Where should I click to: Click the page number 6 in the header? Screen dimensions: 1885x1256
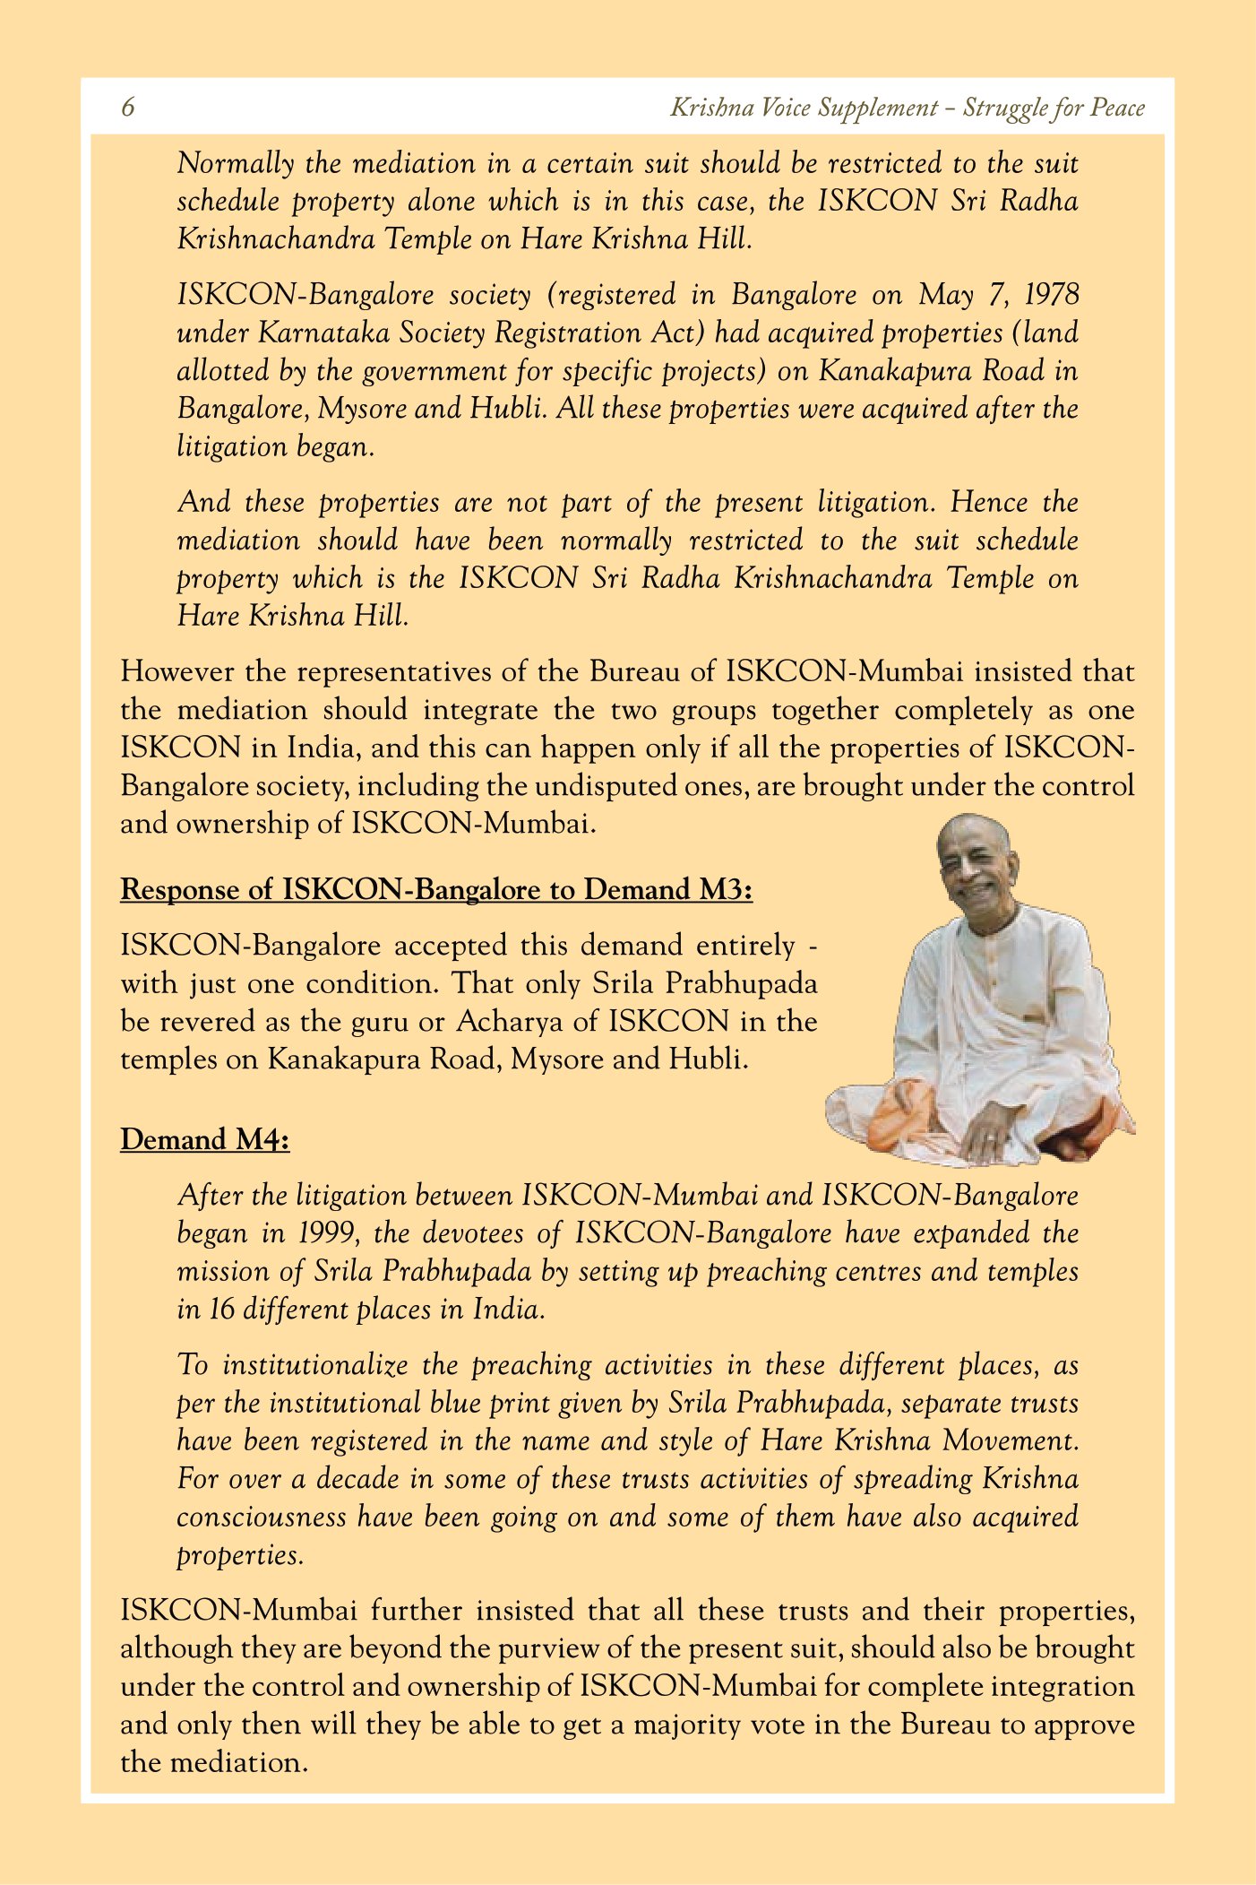click(128, 108)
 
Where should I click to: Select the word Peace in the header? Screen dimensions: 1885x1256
click(1117, 108)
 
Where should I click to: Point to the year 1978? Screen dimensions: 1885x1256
click(1052, 294)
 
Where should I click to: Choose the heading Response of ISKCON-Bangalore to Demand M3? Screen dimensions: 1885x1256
click(436, 889)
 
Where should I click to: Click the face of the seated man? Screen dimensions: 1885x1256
click(974, 864)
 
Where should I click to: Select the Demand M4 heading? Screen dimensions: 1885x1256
click(205, 1139)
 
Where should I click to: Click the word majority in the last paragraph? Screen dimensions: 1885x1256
click(689, 1725)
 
